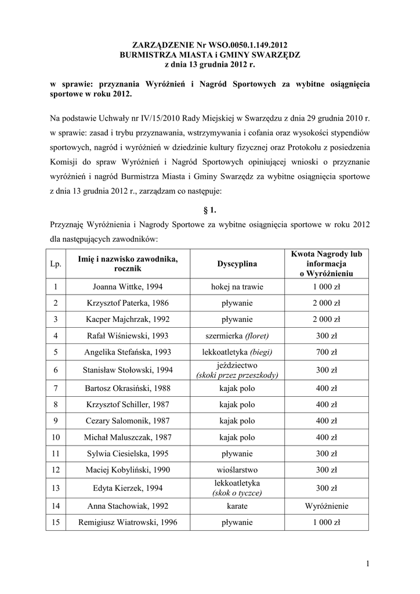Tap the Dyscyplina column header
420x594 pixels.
237,264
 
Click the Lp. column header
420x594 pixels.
56,264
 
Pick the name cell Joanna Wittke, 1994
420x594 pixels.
127,287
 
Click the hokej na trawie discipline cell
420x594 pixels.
237,287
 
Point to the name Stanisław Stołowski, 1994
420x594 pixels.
127,370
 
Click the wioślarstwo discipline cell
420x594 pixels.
237,469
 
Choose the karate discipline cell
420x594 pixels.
237,506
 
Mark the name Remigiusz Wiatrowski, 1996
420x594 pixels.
127,523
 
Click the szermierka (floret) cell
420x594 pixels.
237,335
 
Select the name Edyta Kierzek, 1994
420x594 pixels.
127,488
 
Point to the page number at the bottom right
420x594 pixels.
368,563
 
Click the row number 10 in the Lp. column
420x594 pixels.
56,436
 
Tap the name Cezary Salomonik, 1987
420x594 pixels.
127,420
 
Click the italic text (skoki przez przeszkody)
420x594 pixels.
237,375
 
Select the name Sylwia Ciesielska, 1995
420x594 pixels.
127,452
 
